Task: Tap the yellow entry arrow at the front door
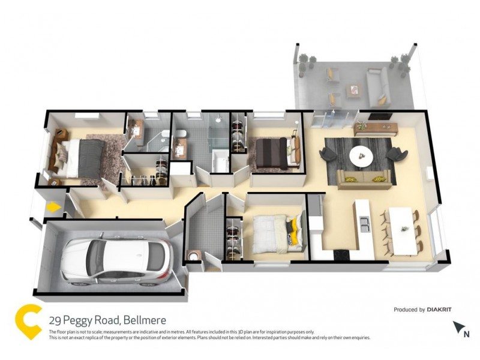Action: (53, 208)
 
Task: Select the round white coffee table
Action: (361, 157)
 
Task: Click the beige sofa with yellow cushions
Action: (364, 177)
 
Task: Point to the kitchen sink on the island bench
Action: (364, 224)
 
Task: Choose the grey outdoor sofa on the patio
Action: (378, 84)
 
